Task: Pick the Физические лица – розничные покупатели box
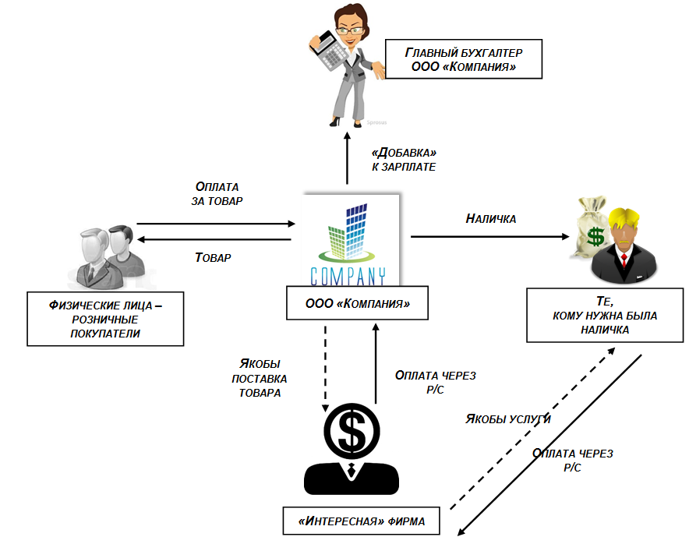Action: pos(104,318)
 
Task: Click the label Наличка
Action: pos(491,220)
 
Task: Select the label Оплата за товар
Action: pos(217,193)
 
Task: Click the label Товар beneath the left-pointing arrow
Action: pos(212,257)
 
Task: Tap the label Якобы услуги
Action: pos(508,419)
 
